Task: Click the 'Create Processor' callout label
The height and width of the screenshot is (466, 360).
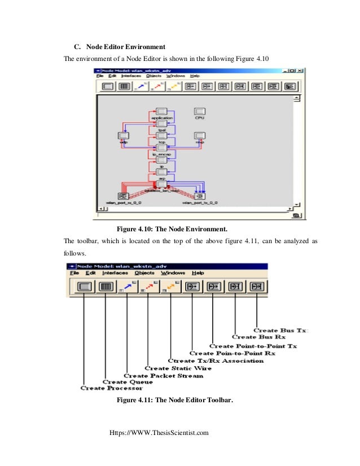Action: coord(111,388)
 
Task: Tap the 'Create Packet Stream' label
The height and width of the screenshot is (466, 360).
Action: coord(163,375)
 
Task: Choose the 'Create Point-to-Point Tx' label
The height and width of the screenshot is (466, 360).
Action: coord(253,345)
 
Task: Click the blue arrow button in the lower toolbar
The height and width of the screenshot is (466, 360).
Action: coord(128,286)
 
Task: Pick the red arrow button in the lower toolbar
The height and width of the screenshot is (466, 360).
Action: coord(149,286)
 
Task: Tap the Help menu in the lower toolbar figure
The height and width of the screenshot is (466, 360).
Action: coord(198,272)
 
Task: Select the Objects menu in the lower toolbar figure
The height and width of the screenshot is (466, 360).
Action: coord(144,272)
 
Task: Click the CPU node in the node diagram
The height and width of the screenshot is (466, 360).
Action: coord(199,112)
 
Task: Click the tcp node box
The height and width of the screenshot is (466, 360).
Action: coord(161,136)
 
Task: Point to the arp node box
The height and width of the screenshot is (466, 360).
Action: coord(161,172)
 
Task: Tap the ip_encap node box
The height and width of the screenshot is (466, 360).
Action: coord(161,148)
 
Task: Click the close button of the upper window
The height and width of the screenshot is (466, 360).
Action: coord(302,71)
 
